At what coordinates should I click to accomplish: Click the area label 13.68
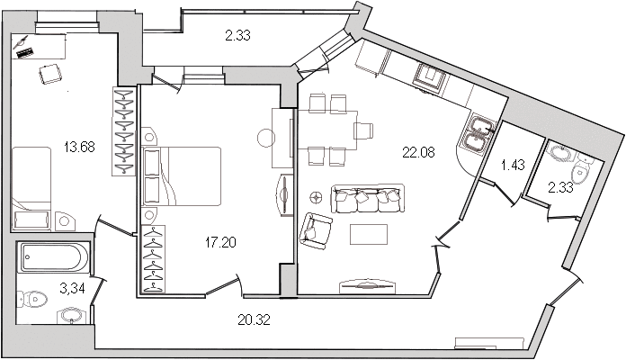pyautogui.click(x=79, y=147)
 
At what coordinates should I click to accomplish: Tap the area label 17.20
pyautogui.click(x=220, y=242)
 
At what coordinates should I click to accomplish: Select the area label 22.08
pyautogui.click(x=418, y=152)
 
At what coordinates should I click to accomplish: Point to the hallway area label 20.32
pyautogui.click(x=254, y=319)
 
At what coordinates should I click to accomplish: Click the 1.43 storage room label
pyautogui.click(x=513, y=165)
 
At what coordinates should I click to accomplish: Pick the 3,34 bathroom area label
pyautogui.click(x=72, y=288)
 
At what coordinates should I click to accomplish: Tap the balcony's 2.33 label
pyautogui.click(x=237, y=36)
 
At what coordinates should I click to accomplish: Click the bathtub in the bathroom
pyautogui.click(x=54, y=257)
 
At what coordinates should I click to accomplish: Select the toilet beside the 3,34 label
pyautogui.click(x=32, y=299)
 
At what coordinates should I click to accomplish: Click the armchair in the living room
pyautogui.click(x=316, y=231)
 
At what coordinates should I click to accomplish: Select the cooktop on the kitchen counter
pyautogui.click(x=431, y=77)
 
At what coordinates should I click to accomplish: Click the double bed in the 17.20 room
pyautogui.click(x=182, y=176)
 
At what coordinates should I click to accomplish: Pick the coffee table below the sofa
pyautogui.click(x=369, y=234)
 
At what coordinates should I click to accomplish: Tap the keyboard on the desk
pyautogui.click(x=25, y=53)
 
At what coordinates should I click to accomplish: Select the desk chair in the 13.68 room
pyautogui.click(x=49, y=74)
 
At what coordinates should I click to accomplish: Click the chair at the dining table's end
pyautogui.click(x=363, y=130)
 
